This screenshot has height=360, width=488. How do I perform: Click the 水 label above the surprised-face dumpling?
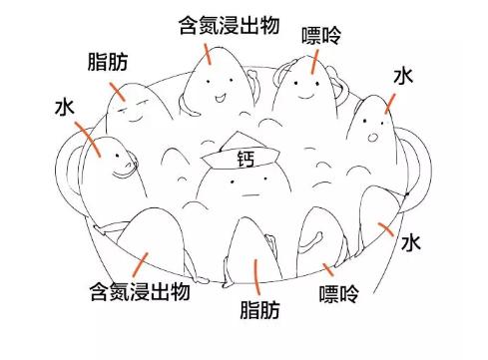click(403, 76)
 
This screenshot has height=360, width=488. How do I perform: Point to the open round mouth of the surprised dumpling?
click(372, 136)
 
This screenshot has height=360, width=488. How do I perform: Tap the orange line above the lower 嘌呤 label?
click(329, 266)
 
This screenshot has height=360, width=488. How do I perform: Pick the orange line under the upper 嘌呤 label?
click(315, 63)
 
